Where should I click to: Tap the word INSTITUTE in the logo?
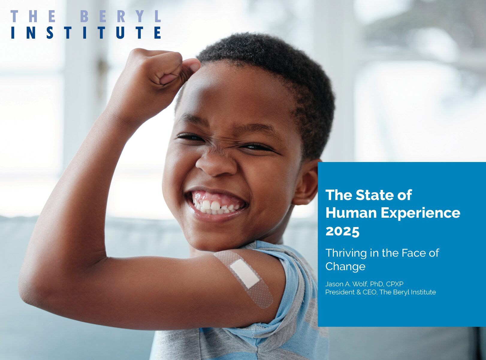(x=86, y=33)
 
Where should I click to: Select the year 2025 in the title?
(x=342, y=231)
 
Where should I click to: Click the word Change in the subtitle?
(x=345, y=267)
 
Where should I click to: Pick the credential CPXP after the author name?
(x=395, y=284)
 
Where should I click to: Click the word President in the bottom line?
(x=340, y=292)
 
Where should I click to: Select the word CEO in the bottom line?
(x=370, y=292)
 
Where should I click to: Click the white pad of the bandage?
(x=244, y=274)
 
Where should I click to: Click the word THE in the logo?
(x=33, y=16)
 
